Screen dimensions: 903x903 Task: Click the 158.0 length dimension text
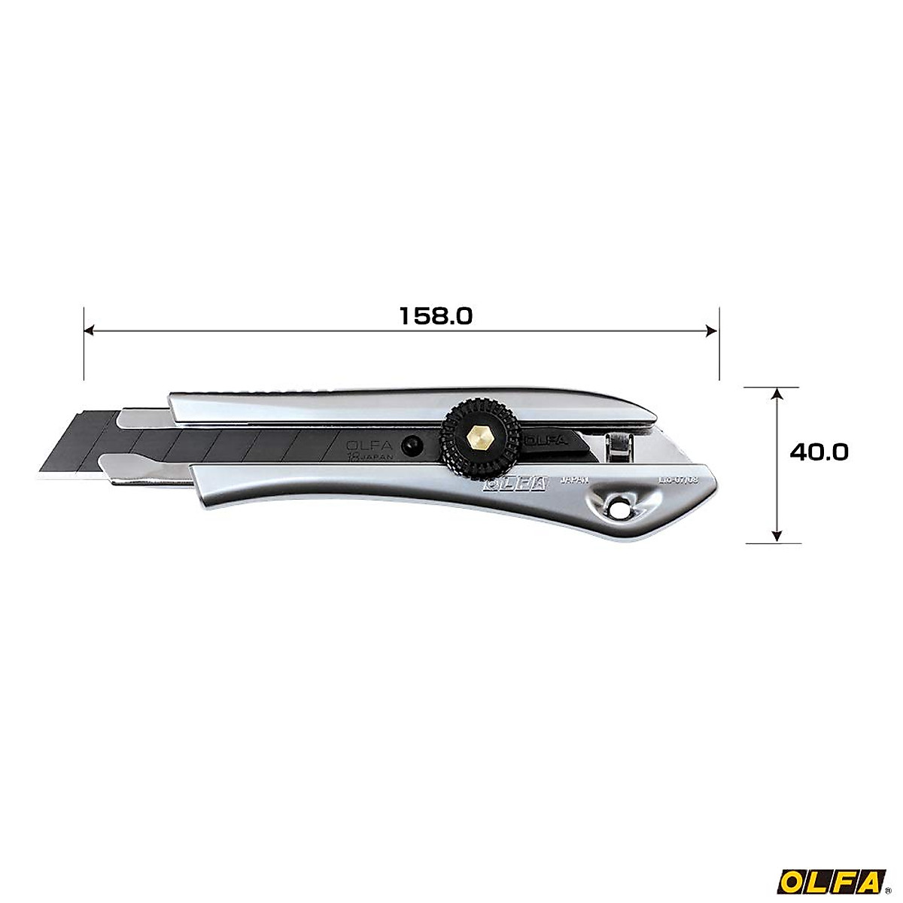(x=436, y=316)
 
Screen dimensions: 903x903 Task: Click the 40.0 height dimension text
(x=819, y=451)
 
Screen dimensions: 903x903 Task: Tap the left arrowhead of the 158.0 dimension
(x=89, y=330)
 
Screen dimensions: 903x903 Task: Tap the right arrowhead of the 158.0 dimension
(x=713, y=330)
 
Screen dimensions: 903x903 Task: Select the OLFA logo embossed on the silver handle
(x=515, y=485)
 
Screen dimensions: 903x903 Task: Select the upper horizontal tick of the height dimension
(x=771, y=388)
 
